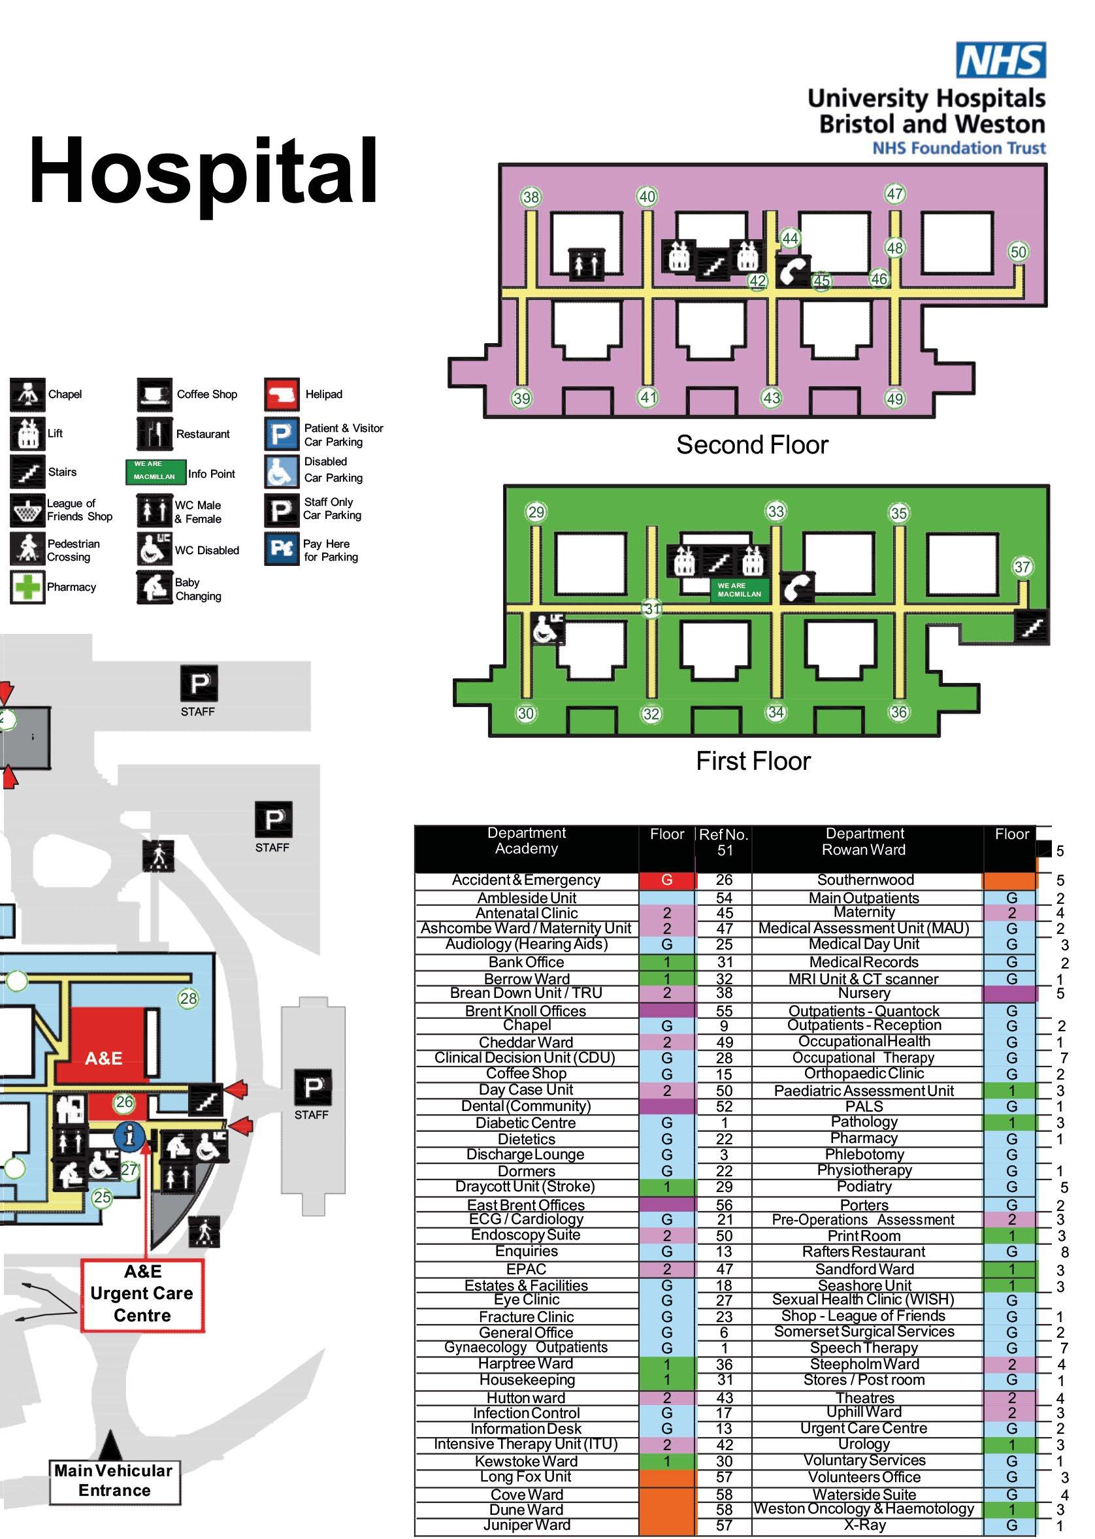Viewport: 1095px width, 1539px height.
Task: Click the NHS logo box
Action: click(1001, 60)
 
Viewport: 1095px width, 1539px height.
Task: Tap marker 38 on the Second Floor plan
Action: click(531, 197)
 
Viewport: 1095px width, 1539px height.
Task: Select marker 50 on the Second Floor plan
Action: click(1018, 252)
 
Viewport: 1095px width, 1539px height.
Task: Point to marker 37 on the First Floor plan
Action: click(1022, 567)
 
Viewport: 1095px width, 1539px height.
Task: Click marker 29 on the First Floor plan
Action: click(536, 512)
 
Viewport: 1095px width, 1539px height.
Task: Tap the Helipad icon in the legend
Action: click(281, 395)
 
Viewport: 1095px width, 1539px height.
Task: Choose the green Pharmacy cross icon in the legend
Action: click(27, 587)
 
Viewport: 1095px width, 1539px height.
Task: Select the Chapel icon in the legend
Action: click(27, 395)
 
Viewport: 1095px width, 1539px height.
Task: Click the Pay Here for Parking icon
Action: click(281, 549)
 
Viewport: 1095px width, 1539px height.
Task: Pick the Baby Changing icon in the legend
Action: click(154, 587)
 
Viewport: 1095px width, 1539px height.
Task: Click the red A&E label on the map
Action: click(103, 1058)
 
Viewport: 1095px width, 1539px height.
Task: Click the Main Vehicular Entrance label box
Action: click(114, 1480)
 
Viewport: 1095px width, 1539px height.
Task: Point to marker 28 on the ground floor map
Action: click(188, 998)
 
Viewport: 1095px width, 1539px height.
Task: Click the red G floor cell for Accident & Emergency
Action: click(666, 880)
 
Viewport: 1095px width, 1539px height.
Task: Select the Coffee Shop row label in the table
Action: click(526, 1073)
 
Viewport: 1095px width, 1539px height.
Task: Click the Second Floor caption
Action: click(752, 445)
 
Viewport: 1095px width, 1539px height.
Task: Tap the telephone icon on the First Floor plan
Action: click(796, 587)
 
